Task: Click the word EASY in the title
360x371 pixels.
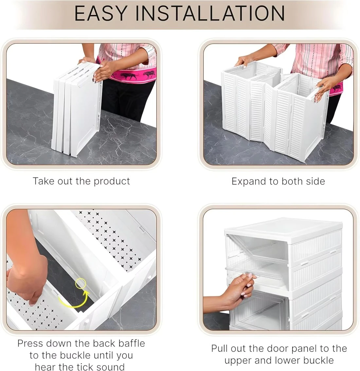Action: [x=100, y=13]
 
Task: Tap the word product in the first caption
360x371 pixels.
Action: [x=112, y=181]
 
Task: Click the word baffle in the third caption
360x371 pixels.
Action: [x=132, y=343]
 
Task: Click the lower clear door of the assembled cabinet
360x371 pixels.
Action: [x=259, y=310]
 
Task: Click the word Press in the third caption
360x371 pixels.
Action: [x=30, y=343]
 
